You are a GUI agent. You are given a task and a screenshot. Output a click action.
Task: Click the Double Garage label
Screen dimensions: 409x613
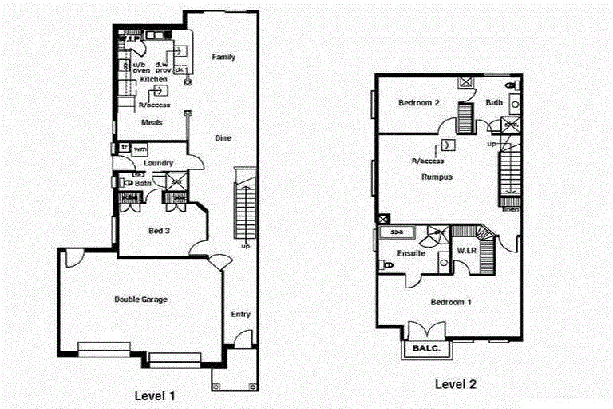pyautogui.click(x=140, y=300)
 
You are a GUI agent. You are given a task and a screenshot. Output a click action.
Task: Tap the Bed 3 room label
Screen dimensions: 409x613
pyautogui.click(x=160, y=231)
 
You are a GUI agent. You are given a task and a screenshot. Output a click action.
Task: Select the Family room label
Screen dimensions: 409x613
pyautogui.click(x=223, y=57)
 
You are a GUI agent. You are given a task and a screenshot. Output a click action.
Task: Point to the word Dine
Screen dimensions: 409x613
pyautogui.click(x=223, y=138)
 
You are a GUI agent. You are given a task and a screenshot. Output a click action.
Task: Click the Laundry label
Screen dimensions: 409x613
pyautogui.click(x=160, y=163)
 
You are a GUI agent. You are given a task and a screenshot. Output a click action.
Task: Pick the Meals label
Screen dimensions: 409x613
pyautogui.click(x=152, y=122)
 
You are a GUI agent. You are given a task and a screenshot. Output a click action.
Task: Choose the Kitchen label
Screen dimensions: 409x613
pyautogui.click(x=153, y=80)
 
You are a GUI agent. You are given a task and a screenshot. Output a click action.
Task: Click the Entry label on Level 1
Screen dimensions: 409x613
pyautogui.click(x=241, y=314)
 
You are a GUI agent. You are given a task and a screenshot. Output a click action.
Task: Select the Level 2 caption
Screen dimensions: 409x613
pyautogui.click(x=456, y=384)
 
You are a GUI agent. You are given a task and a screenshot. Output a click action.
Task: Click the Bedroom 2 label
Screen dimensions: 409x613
pyautogui.click(x=419, y=103)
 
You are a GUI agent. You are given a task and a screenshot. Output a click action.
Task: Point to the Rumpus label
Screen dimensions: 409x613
pyautogui.click(x=437, y=177)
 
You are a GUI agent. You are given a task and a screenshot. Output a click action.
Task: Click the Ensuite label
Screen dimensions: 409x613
pyautogui.click(x=411, y=253)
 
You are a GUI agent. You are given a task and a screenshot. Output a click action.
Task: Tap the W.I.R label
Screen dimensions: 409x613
pyautogui.click(x=467, y=250)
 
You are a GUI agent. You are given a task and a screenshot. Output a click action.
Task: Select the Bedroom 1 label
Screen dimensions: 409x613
pyautogui.click(x=451, y=302)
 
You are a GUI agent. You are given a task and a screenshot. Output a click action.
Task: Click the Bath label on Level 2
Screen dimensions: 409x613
pyautogui.click(x=495, y=102)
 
